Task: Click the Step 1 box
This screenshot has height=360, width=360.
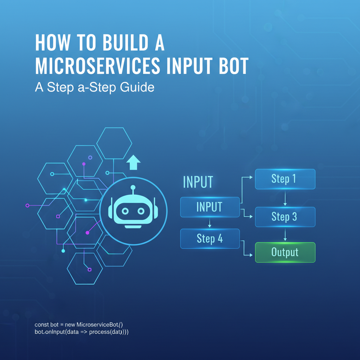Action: click(285, 179)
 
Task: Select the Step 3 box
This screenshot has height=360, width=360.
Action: click(285, 217)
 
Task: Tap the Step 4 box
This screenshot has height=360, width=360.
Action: click(210, 238)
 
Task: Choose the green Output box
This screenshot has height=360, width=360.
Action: click(285, 252)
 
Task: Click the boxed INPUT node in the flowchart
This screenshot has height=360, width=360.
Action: click(210, 207)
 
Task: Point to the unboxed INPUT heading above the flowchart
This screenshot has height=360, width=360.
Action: click(198, 182)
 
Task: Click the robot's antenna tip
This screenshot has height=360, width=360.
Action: click(133, 187)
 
